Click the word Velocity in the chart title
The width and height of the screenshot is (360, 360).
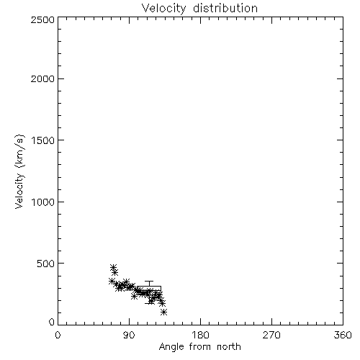coord(163,9)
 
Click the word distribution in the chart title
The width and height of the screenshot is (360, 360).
coord(225,8)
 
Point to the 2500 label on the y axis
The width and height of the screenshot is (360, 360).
coord(42,19)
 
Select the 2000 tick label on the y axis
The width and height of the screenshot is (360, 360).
coord(42,78)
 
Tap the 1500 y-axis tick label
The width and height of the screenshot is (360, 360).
coord(43,140)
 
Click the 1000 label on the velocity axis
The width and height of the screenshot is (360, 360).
coord(43,202)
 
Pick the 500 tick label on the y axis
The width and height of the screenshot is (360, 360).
coord(46,264)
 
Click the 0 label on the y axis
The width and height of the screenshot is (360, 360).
coord(52,322)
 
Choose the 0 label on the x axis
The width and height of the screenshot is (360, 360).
coord(58,335)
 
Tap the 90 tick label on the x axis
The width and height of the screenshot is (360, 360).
coord(129,335)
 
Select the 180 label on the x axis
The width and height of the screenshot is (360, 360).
coord(200,335)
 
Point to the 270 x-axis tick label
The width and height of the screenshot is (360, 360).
coord(271,335)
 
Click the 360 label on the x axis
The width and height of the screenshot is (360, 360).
coord(343,335)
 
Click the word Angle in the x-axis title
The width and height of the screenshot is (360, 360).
coord(171,347)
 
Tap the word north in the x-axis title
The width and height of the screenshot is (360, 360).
coord(229,346)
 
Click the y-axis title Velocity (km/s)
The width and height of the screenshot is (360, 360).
coord(19,171)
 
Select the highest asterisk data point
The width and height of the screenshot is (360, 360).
coord(114,267)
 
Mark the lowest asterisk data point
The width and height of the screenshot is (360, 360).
coord(164,312)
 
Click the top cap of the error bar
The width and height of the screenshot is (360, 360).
coord(149,282)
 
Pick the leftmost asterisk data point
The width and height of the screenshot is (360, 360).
coord(112,281)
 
